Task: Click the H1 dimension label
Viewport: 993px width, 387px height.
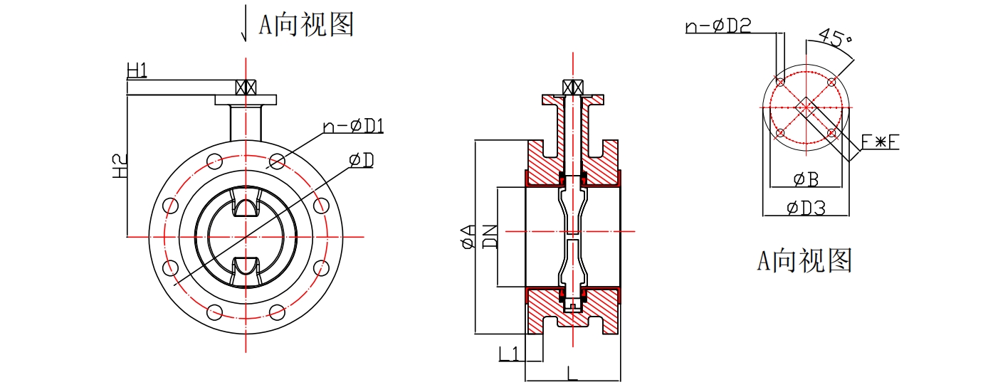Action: [x=137, y=70]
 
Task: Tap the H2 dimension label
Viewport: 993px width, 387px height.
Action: [x=121, y=166]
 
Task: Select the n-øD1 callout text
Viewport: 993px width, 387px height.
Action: [x=354, y=126]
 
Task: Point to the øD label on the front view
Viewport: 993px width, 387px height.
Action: [x=362, y=160]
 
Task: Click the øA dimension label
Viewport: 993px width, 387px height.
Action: [x=467, y=236]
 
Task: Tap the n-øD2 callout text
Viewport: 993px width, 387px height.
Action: [x=718, y=26]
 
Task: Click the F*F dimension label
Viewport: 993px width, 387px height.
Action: [x=881, y=142]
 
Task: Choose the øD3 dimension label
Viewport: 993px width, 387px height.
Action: [x=806, y=208]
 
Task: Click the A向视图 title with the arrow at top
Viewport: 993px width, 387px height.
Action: [x=305, y=26]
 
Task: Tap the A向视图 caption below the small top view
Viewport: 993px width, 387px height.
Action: [x=804, y=261]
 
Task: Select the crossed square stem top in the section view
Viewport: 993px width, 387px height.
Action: [x=572, y=87]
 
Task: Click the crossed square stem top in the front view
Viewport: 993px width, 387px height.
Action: [x=245, y=88]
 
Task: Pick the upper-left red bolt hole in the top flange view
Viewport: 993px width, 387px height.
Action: [x=780, y=83]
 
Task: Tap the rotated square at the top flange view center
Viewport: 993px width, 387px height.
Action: [x=806, y=108]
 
